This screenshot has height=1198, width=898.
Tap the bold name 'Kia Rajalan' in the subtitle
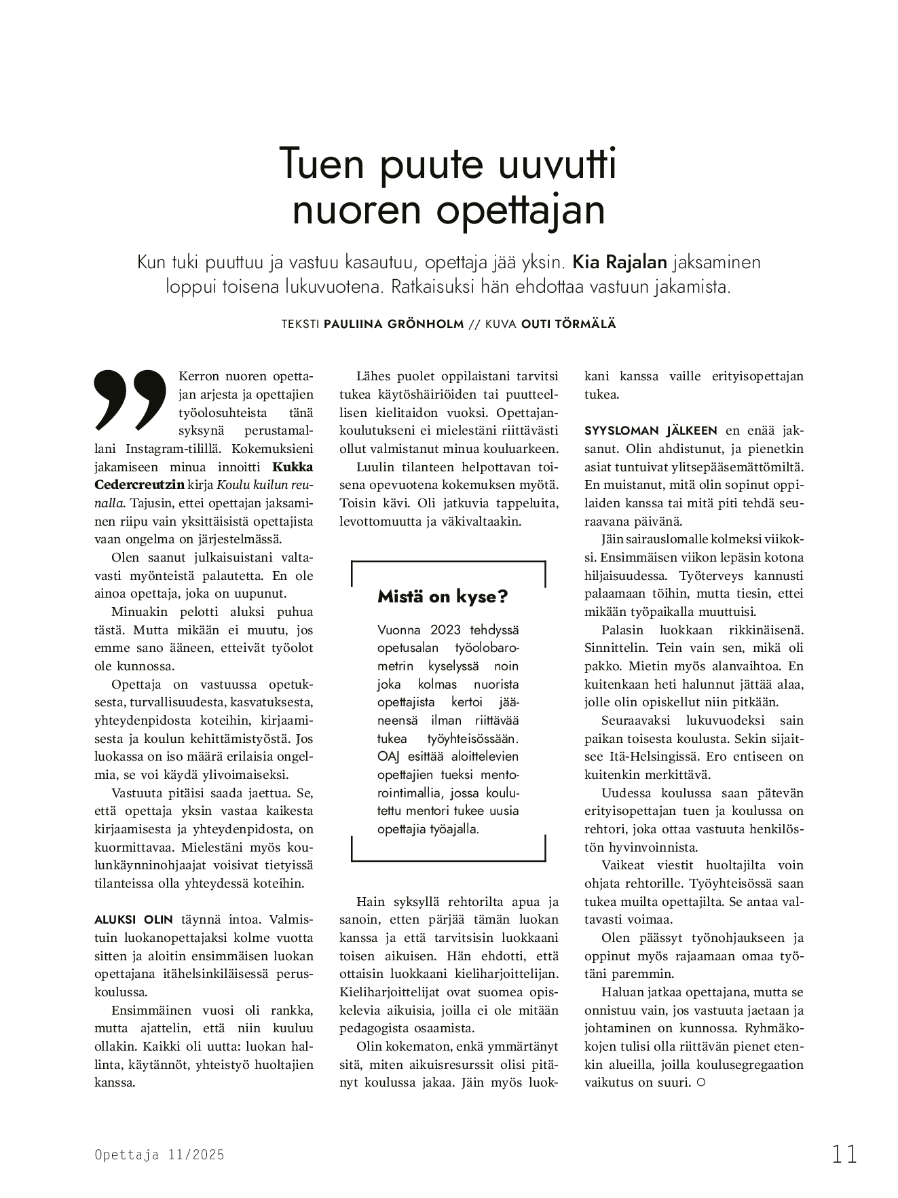pos(620,262)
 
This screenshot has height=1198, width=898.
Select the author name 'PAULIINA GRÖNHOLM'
pos(394,324)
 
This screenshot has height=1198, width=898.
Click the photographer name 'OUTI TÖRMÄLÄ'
pos(568,324)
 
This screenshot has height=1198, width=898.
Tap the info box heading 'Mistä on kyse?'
pos(443,597)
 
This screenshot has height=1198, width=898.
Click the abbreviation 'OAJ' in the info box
pos(388,756)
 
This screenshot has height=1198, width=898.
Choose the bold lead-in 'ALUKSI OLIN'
pos(134,920)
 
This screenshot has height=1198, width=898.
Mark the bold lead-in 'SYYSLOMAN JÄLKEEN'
pos(650,431)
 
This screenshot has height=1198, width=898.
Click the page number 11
pos(844,1154)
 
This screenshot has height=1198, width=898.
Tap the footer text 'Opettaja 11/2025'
pos(160,1155)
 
